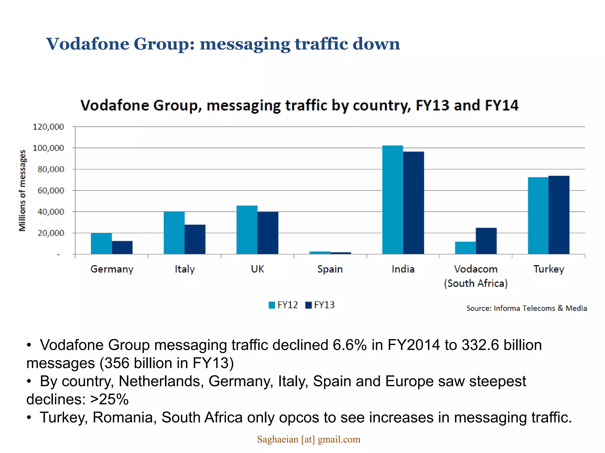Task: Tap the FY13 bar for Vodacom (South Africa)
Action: [486, 241]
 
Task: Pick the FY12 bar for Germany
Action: [101, 244]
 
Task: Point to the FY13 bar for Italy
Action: [195, 239]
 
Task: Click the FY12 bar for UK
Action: [247, 230]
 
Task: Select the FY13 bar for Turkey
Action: [559, 215]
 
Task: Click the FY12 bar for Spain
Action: [320, 253]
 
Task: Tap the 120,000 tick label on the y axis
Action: [48, 127]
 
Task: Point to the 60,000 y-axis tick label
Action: [51, 191]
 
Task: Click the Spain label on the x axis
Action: [330, 269]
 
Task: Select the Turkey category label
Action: [549, 269]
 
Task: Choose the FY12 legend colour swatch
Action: [272, 305]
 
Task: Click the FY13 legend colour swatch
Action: [308, 305]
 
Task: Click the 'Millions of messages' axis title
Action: [22, 191]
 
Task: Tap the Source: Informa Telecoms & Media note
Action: [526, 308]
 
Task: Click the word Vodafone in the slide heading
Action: [88, 44]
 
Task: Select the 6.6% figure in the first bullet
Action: [349, 345]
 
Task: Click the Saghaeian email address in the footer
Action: [308, 439]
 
